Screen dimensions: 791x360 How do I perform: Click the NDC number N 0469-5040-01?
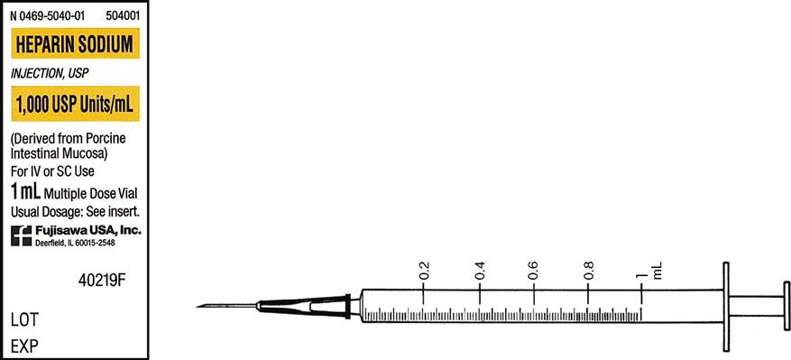click(x=48, y=16)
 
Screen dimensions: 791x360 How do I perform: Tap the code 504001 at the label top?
click(x=123, y=16)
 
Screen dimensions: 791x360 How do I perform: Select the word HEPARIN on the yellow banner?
click(x=44, y=45)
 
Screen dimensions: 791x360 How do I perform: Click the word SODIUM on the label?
click(x=105, y=45)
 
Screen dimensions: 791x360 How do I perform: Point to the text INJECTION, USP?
click(x=50, y=74)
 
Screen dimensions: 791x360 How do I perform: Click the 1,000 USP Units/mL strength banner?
click(x=75, y=104)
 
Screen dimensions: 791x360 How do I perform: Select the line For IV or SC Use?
click(x=52, y=171)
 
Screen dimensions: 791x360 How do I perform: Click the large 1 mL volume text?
click(x=26, y=192)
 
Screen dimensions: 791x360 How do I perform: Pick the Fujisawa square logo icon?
click(x=21, y=235)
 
